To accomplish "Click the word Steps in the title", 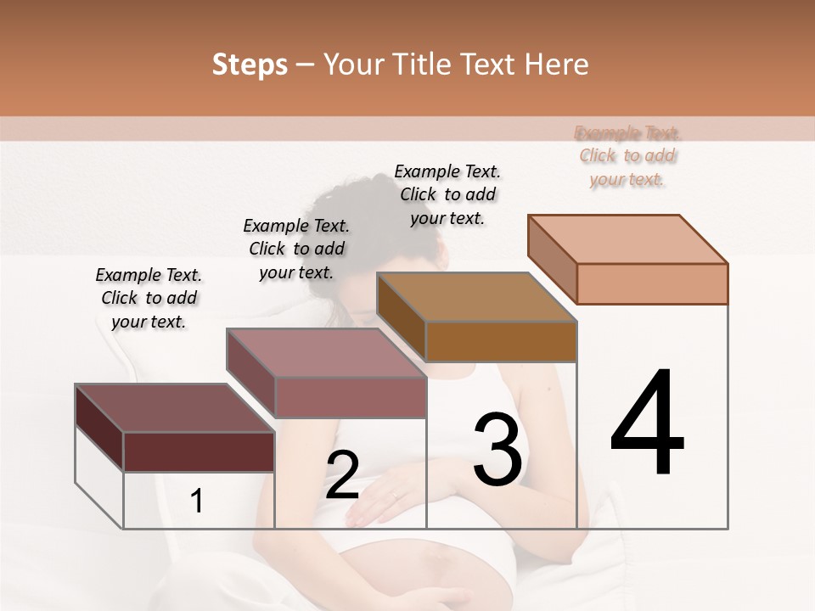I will coord(250,65).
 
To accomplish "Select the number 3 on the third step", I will coord(497,450).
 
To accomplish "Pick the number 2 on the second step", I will coord(342,475).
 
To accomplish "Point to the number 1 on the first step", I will coord(197,501).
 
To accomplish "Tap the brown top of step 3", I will coord(476,298).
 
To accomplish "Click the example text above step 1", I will coord(149,298).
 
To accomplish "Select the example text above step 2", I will coord(296,249).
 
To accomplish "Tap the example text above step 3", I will coord(447,194).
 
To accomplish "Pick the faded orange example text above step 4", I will coord(627,155).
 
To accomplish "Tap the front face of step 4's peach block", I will coord(652,283).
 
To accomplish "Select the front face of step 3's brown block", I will coord(501,341).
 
